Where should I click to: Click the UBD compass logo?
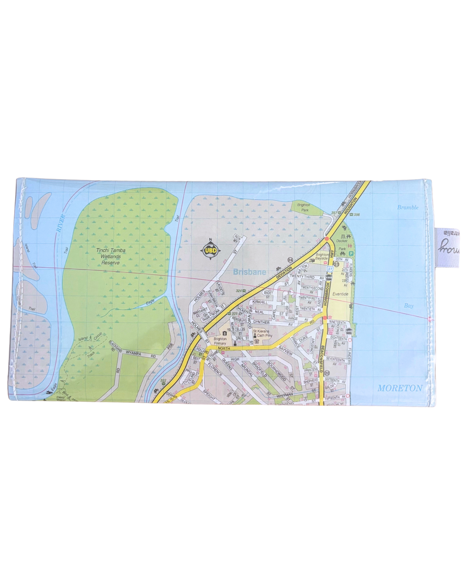click(211, 250)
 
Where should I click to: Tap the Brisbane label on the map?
click(249, 272)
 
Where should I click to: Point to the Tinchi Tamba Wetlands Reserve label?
click(111, 257)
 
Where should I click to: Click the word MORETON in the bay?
click(400, 388)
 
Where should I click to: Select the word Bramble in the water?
click(408, 207)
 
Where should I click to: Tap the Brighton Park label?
click(304, 207)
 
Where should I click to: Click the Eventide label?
click(341, 294)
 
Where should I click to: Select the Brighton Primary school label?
click(220, 341)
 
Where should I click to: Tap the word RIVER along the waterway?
click(60, 223)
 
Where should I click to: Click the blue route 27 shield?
click(329, 269)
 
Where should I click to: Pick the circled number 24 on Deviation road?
click(290, 260)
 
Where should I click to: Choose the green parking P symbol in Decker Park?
click(351, 254)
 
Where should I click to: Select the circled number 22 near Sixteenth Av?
click(327, 373)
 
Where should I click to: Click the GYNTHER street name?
click(261, 322)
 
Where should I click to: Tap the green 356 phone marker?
click(355, 215)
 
